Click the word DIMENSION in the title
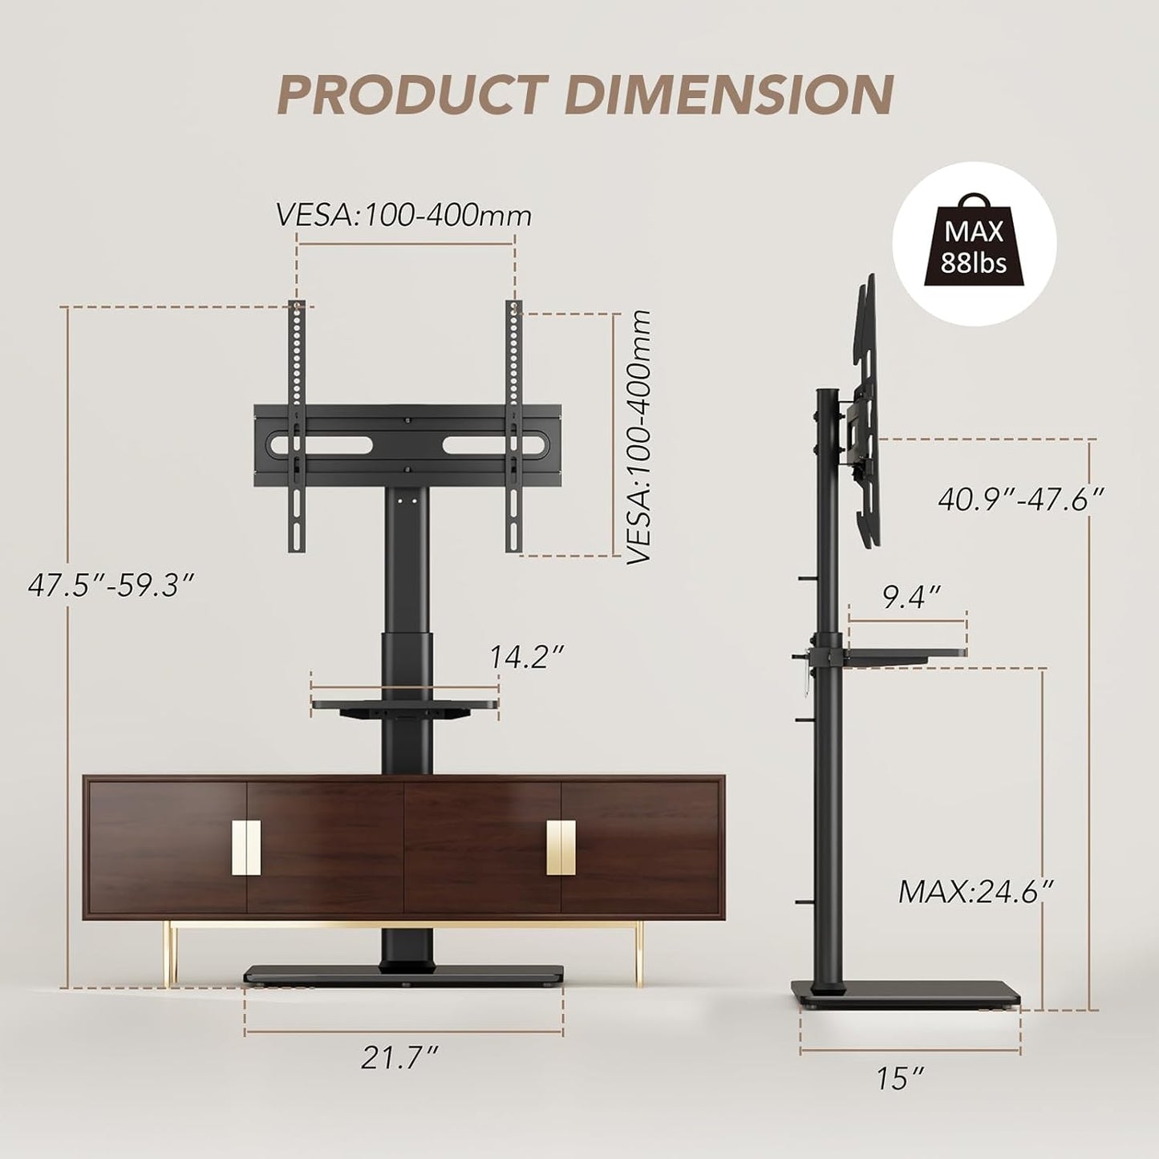click(728, 95)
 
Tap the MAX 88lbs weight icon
click(974, 244)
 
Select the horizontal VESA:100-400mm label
click(403, 216)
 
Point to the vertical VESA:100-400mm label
click(639, 438)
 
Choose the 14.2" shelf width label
click(528, 657)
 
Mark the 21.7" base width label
click(399, 1057)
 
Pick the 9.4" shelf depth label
click(911, 597)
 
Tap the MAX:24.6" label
click(975, 891)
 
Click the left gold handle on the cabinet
click(246, 849)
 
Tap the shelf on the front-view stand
click(405, 707)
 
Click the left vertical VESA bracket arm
click(297, 425)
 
